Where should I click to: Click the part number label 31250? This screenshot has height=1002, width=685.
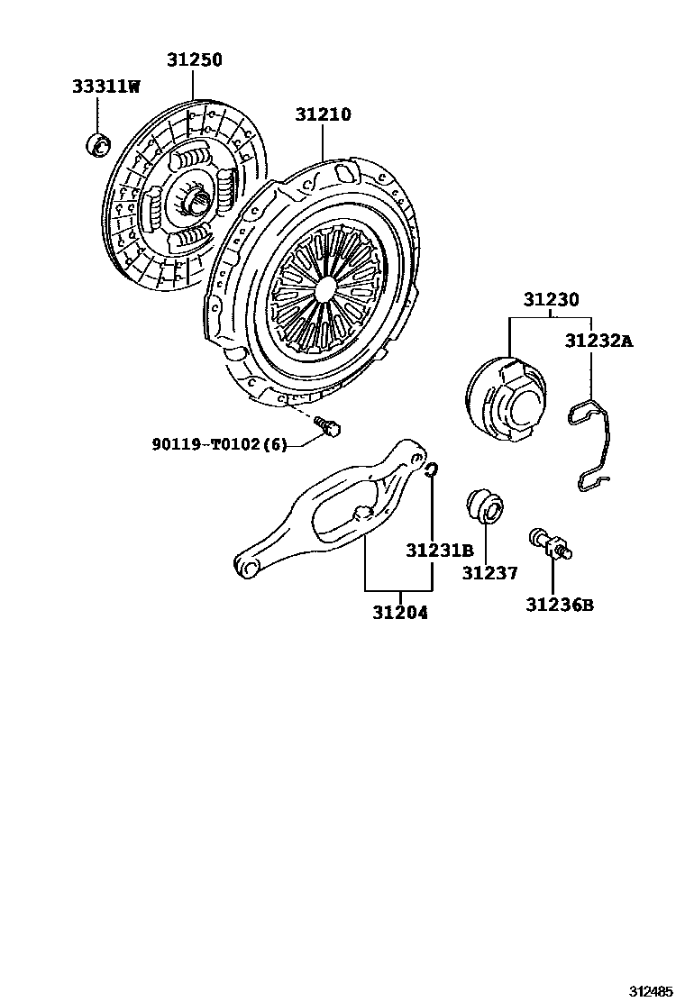coord(194,60)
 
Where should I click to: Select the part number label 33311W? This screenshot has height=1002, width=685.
coord(106,87)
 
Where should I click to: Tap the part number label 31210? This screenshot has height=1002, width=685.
coord(323,114)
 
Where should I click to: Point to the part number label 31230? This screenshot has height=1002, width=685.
coord(551,300)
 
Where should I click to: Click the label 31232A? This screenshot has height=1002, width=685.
coord(599,341)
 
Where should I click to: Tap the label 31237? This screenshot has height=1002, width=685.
coord(490,573)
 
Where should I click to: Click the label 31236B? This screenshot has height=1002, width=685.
coord(560,605)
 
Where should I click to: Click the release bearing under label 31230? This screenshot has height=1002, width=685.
coord(505,399)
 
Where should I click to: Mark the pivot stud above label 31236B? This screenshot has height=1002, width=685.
coord(551,544)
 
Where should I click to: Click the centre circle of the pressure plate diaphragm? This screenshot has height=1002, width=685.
coord(326,290)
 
